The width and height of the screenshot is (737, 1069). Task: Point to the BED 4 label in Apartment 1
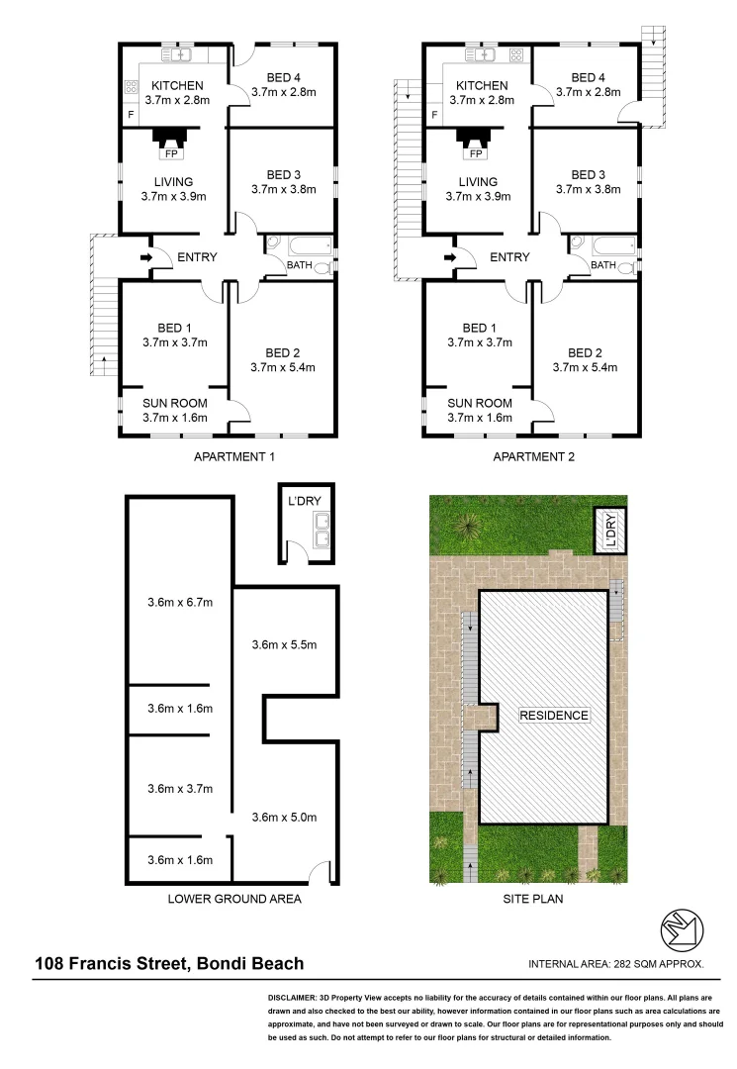282,77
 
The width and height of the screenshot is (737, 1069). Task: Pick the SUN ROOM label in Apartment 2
479,403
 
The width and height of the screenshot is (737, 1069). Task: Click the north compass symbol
681,929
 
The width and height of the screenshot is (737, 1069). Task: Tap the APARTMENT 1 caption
233,457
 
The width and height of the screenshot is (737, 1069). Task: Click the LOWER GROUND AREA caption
233,900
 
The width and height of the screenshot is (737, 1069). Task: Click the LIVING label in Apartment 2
478,181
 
